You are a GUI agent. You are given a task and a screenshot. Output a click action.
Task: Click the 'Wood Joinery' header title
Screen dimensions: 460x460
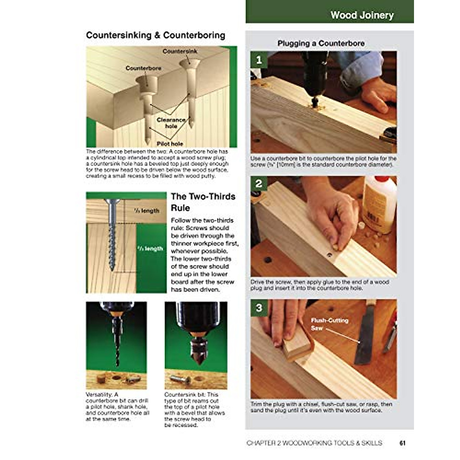(x=362, y=15)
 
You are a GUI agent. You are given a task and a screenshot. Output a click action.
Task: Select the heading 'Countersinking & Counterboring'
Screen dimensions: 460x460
(x=155, y=35)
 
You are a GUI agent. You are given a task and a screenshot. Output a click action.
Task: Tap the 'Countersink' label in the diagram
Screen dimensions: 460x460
(x=180, y=51)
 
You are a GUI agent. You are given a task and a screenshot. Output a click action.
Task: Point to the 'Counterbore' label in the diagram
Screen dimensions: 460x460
(x=143, y=68)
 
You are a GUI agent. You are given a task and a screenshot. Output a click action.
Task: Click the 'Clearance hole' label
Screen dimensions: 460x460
(x=171, y=123)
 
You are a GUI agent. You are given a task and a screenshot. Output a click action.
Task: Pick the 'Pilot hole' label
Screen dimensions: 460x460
(x=170, y=144)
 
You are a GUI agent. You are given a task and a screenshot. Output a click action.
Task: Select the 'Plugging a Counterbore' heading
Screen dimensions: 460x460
(x=321, y=43)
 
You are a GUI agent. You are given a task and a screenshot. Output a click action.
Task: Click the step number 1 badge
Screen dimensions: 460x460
(x=259, y=60)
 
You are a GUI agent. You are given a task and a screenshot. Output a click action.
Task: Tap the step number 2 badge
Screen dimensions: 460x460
(x=259, y=184)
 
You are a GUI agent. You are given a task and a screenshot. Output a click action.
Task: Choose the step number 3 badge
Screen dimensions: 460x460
(x=259, y=308)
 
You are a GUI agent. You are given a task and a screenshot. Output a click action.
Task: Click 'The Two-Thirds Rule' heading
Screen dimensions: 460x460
(x=203, y=202)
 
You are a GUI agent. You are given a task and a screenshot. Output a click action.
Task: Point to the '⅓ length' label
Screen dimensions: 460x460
(x=146, y=210)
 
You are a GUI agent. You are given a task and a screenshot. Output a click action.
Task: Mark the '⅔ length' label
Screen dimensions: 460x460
(x=150, y=248)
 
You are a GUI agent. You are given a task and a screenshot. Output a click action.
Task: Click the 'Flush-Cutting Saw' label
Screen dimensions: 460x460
(x=329, y=324)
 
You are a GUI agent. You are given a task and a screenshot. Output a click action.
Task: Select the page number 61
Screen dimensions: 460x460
(x=402, y=443)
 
